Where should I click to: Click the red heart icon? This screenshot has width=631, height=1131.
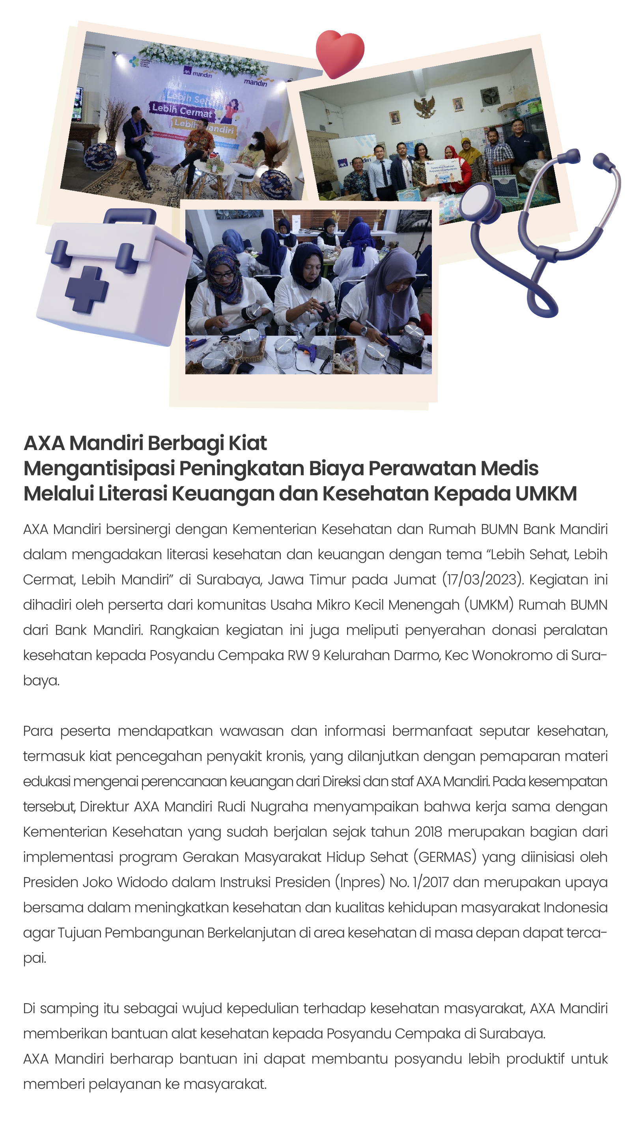340,53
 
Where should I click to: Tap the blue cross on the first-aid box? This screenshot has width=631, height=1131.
86,289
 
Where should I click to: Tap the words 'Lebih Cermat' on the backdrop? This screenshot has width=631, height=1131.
181,110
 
